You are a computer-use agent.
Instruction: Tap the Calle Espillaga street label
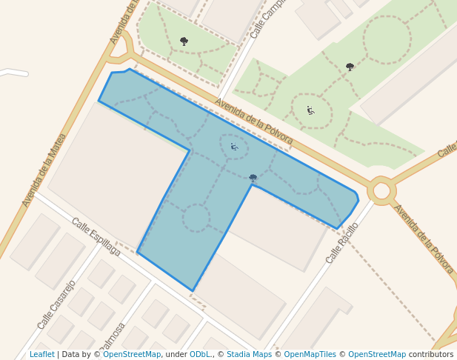[96, 236]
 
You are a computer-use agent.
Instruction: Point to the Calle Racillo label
[342, 243]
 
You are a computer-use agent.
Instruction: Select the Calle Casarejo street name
[56, 304]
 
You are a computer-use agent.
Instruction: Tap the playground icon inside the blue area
[234, 147]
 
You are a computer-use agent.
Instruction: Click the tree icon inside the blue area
[253, 178]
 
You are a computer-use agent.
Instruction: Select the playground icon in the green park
[310, 110]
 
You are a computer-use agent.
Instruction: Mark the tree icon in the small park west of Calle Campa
[184, 41]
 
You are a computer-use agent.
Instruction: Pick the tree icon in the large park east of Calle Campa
[350, 67]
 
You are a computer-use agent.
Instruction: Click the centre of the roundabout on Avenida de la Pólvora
[381, 190]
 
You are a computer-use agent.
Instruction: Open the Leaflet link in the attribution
[41, 355]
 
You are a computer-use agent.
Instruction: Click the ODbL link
[200, 355]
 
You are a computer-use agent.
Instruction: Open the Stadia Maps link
[249, 355]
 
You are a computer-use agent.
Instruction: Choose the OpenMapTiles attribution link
[307, 355]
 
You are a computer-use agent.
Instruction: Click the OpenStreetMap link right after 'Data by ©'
[132, 355]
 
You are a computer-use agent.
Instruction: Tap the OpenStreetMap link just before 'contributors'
[376, 355]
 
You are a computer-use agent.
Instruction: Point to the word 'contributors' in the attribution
[431, 355]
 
